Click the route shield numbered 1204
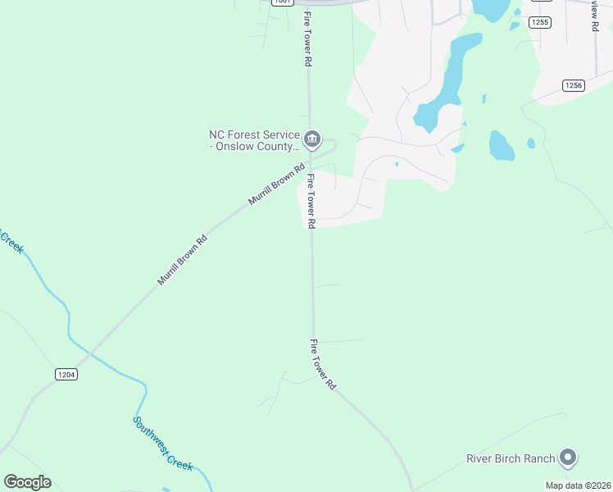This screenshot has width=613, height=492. point(66,374)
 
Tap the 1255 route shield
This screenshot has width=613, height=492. point(539,22)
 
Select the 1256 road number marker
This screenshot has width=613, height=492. point(573,85)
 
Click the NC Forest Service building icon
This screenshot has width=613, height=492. point(311,140)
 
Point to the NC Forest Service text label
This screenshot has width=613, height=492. point(254,140)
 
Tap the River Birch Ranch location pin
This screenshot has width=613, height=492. point(569,458)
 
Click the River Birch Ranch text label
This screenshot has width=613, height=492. point(511,458)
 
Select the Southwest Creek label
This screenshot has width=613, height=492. point(163,443)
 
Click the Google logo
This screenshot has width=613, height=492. point(27,482)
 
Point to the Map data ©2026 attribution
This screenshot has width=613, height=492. point(578,485)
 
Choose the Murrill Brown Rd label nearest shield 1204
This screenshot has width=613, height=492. point(183,261)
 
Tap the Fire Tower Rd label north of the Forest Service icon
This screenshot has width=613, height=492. point(307,39)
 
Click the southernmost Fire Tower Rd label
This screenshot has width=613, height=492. point(323,363)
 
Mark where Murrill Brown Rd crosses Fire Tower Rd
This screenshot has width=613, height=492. point(310,157)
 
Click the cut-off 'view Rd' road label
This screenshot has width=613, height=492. point(594,15)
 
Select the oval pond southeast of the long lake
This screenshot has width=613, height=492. point(501,145)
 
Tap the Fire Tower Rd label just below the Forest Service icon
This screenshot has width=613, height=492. point(311,200)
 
